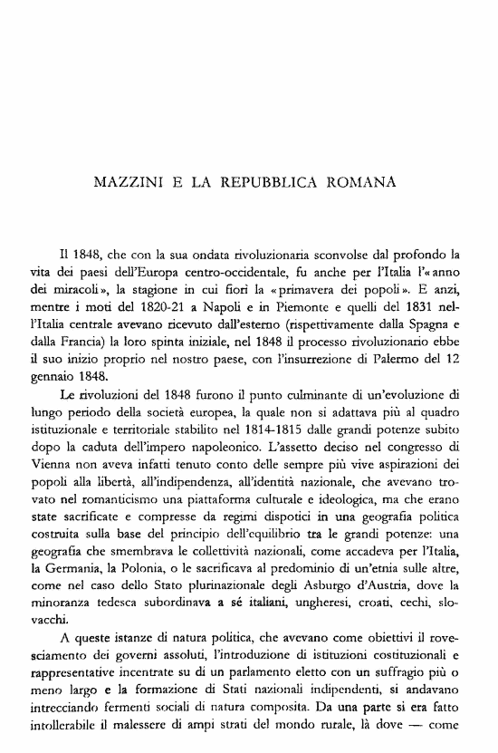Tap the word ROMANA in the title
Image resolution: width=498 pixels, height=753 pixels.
(x=362, y=182)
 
